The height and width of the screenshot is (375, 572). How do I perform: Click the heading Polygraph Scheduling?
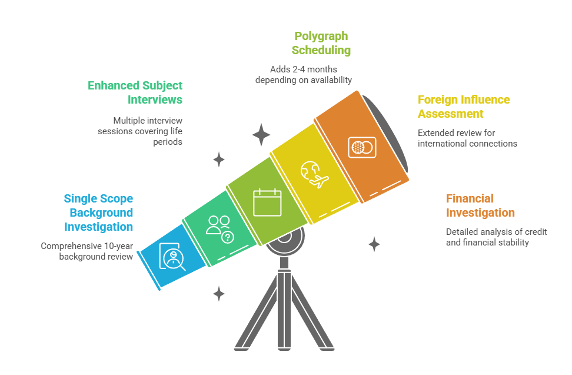pos(321,43)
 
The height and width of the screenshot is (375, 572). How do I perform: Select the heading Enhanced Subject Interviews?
pos(135,92)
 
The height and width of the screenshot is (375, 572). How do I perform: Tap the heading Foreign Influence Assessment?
pos(464,107)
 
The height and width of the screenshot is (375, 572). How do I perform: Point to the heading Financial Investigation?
pos(480,205)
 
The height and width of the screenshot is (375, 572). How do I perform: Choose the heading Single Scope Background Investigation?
pos(98,213)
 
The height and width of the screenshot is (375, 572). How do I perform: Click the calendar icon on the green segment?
pos(267,202)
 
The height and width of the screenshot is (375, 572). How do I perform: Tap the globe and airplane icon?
pos(314,174)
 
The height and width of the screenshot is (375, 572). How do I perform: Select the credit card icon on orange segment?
pos(362,147)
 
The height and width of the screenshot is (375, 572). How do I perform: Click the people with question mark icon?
pos(220,230)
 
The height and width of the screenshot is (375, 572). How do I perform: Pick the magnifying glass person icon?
pos(172,257)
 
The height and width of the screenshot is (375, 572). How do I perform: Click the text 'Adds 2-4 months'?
pos(304,69)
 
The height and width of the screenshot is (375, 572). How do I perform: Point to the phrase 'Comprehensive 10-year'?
pos(87,246)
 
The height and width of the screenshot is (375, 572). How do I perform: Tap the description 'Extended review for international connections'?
pos(467,138)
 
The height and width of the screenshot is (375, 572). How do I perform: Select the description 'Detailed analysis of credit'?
pos(497,231)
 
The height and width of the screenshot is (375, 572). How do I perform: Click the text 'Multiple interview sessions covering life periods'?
pos(140,131)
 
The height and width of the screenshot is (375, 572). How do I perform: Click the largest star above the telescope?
pos(261,135)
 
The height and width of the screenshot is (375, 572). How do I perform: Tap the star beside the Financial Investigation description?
pos(374,244)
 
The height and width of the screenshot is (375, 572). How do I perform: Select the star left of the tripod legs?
pos(219,294)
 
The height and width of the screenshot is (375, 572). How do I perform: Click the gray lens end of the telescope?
pos(385,134)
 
